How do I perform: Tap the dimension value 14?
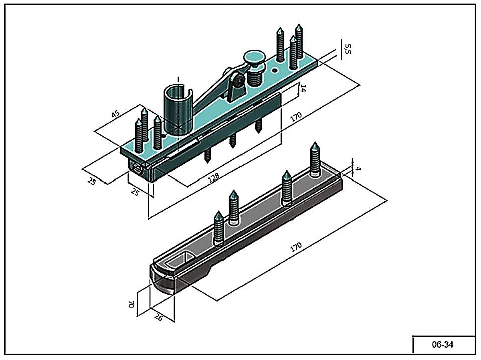(303, 89)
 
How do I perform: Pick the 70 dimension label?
(131, 304)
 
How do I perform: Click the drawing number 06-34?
(443, 345)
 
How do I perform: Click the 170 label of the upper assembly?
(296, 117)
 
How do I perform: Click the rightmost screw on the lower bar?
(315, 160)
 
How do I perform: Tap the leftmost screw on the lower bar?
(219, 228)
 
